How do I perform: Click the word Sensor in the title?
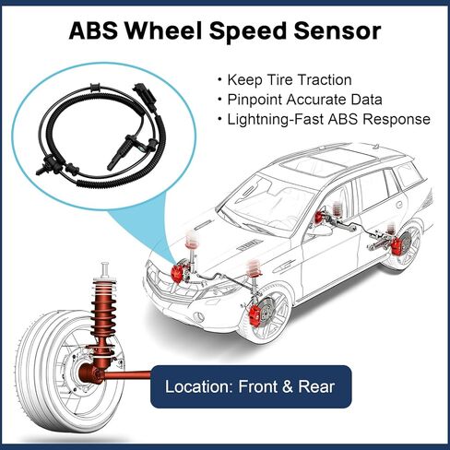pyautogui.click(x=337, y=30)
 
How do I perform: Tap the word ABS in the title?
pyautogui.click(x=93, y=30)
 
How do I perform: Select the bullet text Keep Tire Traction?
pyautogui.click(x=290, y=80)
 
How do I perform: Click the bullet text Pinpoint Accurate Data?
pyautogui.click(x=304, y=100)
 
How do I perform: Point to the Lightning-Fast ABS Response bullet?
pyautogui.click(x=328, y=119)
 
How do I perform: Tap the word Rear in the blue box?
pyautogui.click(x=316, y=386)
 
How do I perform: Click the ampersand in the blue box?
pyautogui.click(x=287, y=386)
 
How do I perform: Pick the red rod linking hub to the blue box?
pyautogui.click(x=127, y=374)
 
